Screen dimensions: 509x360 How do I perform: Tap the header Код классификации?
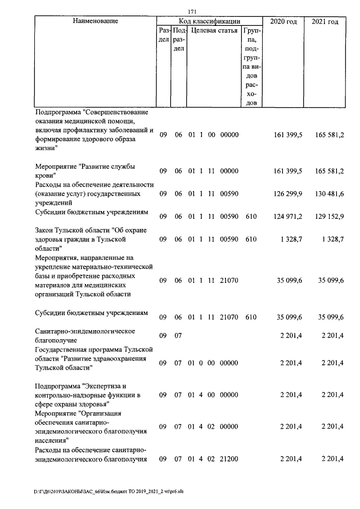(209, 21)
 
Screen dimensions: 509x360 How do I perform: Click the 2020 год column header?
(283, 21)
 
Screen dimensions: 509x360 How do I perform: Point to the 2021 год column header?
(325, 21)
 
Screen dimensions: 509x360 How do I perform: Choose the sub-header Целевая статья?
(214, 30)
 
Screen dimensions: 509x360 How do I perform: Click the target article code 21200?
(229, 460)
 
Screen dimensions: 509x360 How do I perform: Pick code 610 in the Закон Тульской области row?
(251, 239)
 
